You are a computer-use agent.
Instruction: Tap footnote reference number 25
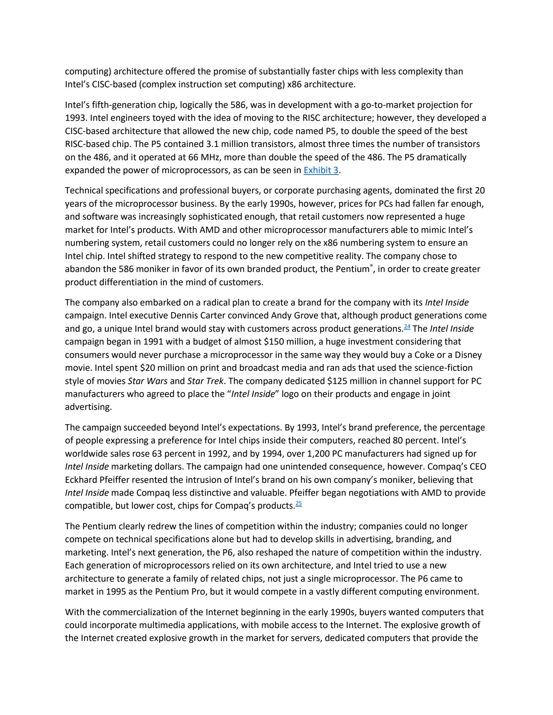299,504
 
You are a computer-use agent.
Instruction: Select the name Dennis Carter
196,316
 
